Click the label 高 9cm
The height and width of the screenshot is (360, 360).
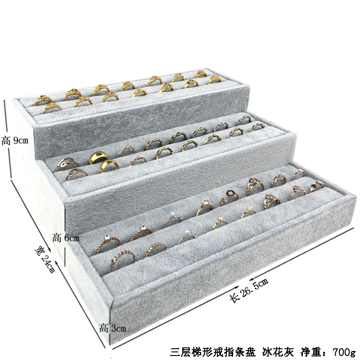(x=15, y=141)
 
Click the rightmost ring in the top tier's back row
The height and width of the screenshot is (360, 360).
(x=201, y=74)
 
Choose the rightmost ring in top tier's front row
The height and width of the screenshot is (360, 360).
(x=215, y=80)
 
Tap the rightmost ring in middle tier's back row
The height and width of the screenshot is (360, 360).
(x=244, y=120)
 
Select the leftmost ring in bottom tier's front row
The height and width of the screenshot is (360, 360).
(x=127, y=257)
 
